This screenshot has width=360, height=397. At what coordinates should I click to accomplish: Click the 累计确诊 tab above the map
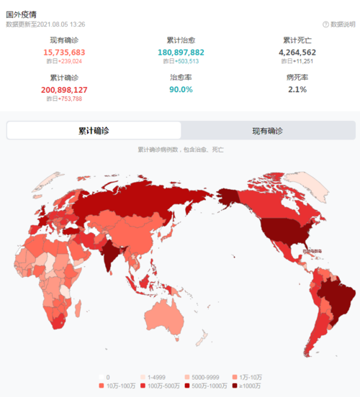tap(94, 131)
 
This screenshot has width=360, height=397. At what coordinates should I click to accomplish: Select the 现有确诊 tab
tap(268, 131)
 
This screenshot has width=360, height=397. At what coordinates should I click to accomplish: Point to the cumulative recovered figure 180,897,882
tap(181, 53)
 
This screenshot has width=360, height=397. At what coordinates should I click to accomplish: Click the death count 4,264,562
tap(297, 53)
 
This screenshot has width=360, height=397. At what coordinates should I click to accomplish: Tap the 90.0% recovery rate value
tap(181, 90)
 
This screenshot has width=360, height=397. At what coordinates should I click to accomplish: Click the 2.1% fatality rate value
tap(297, 90)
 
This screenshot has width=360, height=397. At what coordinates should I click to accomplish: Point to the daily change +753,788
tap(69, 99)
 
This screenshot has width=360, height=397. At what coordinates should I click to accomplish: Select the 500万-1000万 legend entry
tap(204, 386)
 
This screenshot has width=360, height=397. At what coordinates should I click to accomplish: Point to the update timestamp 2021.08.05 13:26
tap(64, 24)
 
